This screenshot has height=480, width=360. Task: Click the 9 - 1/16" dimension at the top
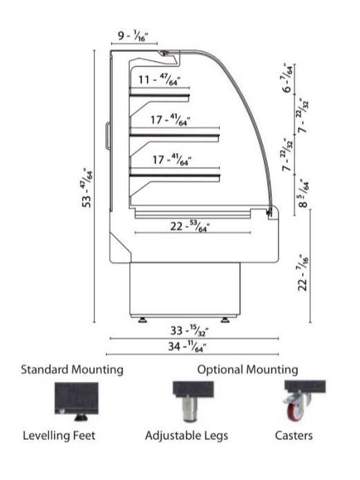click(133, 36)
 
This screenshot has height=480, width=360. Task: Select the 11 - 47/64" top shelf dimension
click(159, 80)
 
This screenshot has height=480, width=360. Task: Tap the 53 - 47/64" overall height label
click(88, 187)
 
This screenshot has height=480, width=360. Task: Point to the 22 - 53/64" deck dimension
click(190, 227)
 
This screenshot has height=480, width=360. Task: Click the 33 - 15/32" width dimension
click(189, 331)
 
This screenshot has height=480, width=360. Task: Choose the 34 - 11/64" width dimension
click(187, 347)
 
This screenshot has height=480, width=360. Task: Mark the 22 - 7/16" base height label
click(303, 273)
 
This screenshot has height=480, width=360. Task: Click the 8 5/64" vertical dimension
click(304, 194)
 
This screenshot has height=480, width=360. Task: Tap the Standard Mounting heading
click(72, 369)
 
